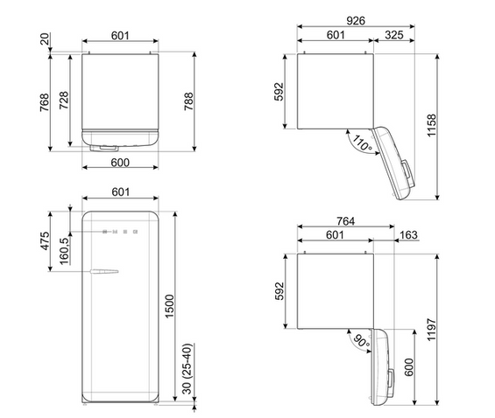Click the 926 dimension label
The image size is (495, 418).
click(356, 21)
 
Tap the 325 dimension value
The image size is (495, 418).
click(394, 35)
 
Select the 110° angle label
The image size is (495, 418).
click(362, 143)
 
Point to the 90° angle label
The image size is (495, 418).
click(361, 341)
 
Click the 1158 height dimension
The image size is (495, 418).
click(431, 125)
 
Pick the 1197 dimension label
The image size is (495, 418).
click(431, 330)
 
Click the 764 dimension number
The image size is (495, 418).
click(345, 221)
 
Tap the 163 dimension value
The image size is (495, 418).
click(408, 234)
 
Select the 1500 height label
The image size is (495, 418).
click(169, 306)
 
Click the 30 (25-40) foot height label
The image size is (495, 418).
click(187, 368)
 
